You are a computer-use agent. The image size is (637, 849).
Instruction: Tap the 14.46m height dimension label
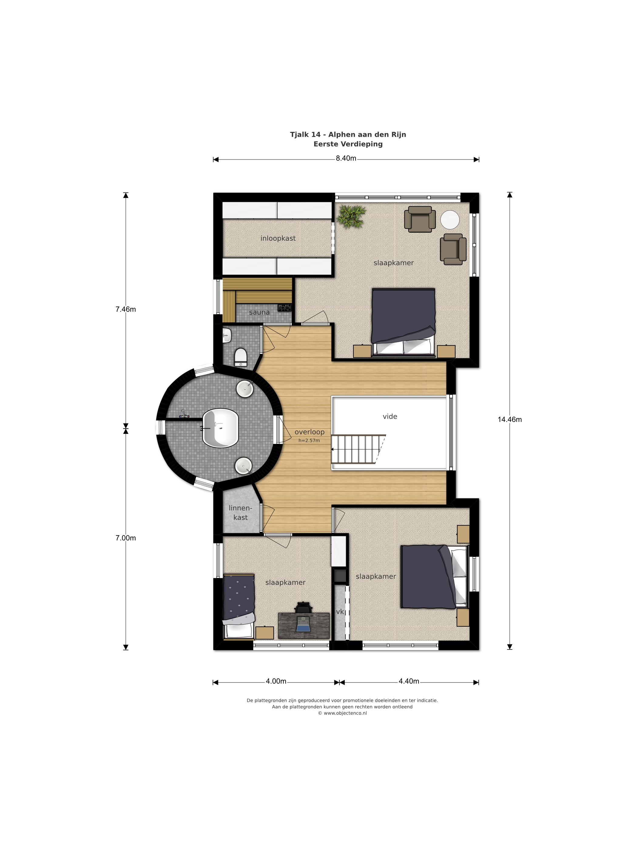click(510, 420)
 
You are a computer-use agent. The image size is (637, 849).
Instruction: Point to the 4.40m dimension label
click(409, 681)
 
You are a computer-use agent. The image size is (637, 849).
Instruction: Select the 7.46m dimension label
click(126, 309)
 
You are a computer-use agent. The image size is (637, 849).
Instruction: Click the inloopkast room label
click(278, 238)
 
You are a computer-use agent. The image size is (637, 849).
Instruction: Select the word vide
click(390, 416)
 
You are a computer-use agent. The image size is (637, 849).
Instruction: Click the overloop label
click(309, 432)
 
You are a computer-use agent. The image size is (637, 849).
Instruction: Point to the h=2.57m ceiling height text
click(309, 441)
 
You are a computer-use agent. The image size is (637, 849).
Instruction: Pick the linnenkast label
click(240, 513)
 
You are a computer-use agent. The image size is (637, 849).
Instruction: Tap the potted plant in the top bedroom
click(351, 217)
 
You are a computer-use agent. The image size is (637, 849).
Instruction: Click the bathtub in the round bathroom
click(220, 428)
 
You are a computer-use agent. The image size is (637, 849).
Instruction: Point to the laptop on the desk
click(303, 624)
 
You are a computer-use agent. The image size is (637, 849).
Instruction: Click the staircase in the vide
click(358, 449)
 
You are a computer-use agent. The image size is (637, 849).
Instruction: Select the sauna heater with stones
click(285, 308)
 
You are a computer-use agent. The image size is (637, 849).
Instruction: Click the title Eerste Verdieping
click(348, 144)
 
